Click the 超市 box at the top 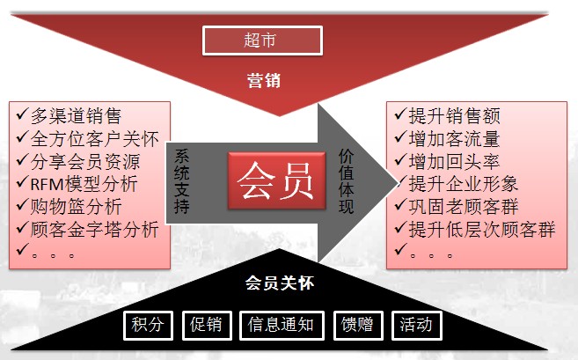coord(262,40)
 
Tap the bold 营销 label coord(264,80)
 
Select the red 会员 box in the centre coord(277,180)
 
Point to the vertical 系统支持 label coord(182,181)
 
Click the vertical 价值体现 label coord(346,181)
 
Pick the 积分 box coord(148,326)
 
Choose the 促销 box coord(207,326)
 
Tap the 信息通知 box coord(282,326)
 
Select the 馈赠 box coord(358,326)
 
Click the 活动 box coord(416,326)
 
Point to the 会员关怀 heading coord(280,283)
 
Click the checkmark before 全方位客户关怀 coord(22,137)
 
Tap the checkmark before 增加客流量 coord(400,137)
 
